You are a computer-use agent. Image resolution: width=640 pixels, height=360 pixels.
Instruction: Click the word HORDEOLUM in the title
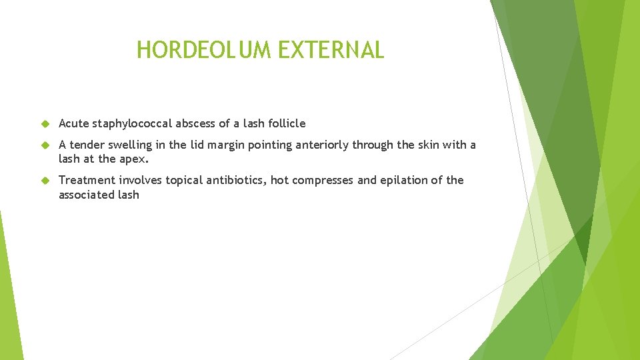click(x=191, y=50)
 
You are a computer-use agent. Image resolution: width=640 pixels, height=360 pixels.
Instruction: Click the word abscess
click(x=196, y=123)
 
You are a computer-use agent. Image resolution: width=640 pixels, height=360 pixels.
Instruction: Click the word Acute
click(x=73, y=123)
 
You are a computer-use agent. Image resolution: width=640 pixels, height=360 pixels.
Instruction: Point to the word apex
click(x=133, y=160)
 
